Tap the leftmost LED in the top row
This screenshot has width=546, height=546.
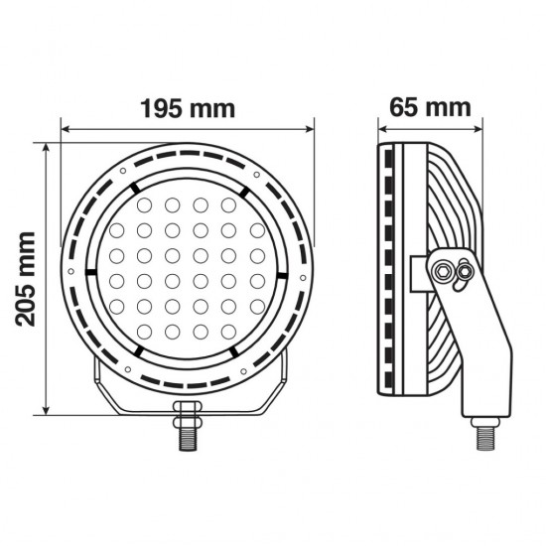(x=145, y=205)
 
